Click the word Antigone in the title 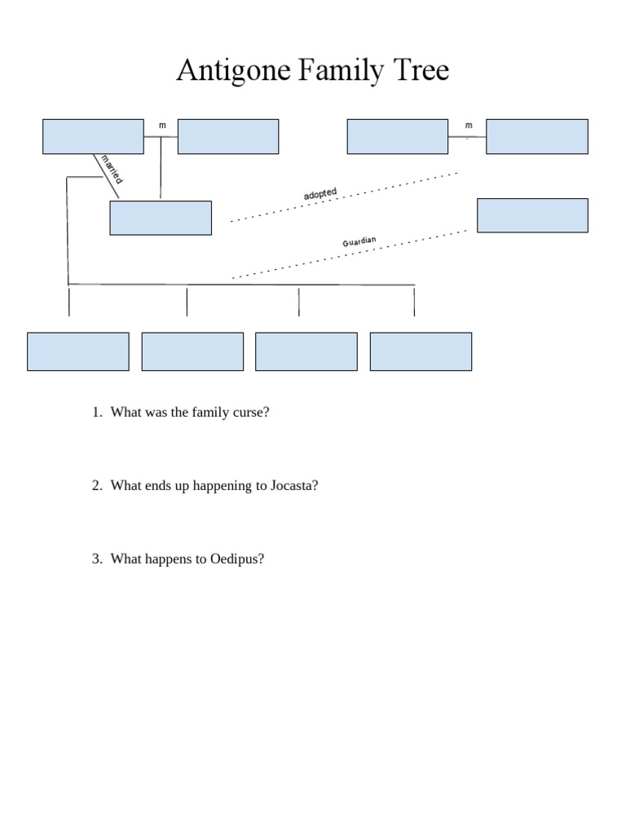tap(233, 71)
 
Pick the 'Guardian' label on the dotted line tap(359, 242)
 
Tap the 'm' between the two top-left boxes tap(161, 125)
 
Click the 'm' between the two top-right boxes tap(469, 125)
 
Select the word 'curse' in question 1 tap(250, 413)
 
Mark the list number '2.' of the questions tap(97, 486)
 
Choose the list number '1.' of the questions tap(97, 413)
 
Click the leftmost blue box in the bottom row tap(78, 351)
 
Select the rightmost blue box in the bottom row tap(421, 351)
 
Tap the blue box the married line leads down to tap(161, 218)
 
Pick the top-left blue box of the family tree tap(93, 136)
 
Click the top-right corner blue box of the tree tap(537, 136)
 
